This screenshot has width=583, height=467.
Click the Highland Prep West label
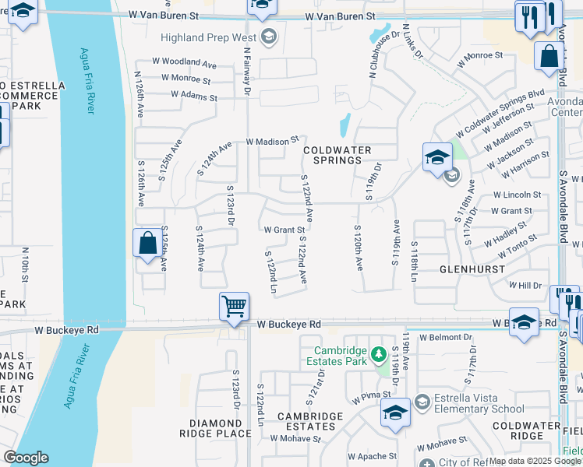point(210,37)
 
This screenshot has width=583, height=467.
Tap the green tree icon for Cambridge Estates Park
point(379,355)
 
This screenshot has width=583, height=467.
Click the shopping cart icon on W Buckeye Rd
point(234,306)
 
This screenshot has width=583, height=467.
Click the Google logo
point(26,458)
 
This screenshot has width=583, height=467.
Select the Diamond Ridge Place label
point(214,427)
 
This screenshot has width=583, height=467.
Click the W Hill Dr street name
point(525,286)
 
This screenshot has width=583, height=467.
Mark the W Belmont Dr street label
point(446,338)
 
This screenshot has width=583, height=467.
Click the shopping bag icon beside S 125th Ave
point(148,243)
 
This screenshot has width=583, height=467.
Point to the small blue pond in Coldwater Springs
point(344,125)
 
